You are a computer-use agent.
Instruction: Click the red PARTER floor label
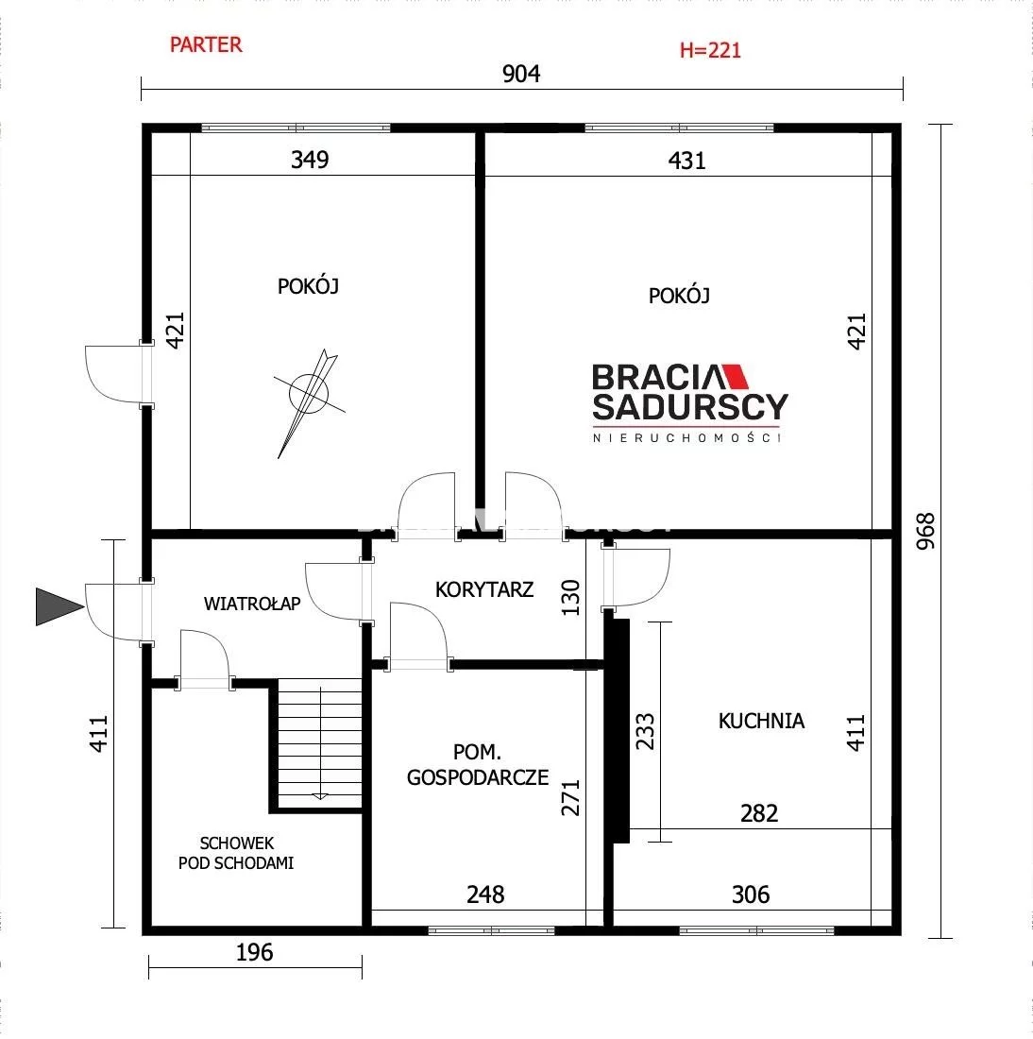point(206,45)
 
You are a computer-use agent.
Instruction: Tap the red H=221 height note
point(710,50)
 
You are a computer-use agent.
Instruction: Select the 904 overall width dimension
point(521,74)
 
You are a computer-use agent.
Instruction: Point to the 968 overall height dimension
point(925,531)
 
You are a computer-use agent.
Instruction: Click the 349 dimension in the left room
point(310,160)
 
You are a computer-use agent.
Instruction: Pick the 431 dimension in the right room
point(686,161)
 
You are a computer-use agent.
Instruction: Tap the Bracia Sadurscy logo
point(690,402)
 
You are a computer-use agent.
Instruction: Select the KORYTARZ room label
point(484,589)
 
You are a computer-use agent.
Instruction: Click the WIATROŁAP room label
point(252,604)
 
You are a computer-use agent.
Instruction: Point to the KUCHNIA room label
point(761,721)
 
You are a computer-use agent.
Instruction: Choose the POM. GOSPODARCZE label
point(478,765)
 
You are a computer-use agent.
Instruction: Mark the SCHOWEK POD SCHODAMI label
point(236,853)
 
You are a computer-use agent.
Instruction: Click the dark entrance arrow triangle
point(59,606)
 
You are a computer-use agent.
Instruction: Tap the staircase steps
point(319,743)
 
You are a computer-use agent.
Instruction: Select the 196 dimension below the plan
point(254,953)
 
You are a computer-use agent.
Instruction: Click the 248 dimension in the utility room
point(485,895)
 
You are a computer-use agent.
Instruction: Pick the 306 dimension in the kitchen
point(751,895)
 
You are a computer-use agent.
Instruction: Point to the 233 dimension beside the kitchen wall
point(645,731)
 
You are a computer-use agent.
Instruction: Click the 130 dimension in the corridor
point(570,598)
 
